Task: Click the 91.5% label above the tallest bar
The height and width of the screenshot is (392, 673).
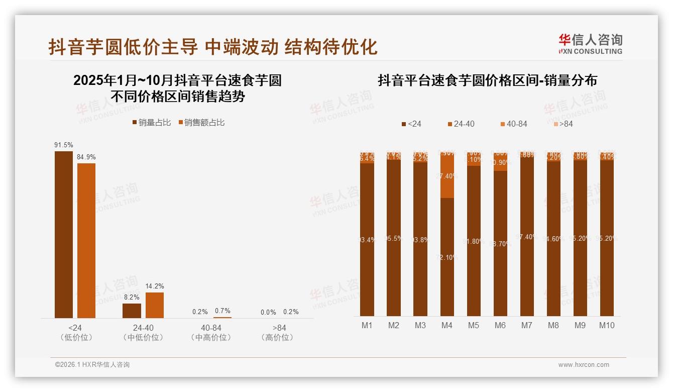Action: (x=64, y=145)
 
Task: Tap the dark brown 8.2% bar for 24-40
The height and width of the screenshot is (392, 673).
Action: (x=132, y=311)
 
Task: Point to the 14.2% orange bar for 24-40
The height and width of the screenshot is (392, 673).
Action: (x=155, y=305)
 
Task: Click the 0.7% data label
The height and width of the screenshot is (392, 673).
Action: (x=222, y=311)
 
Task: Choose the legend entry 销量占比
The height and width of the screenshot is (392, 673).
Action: (x=151, y=123)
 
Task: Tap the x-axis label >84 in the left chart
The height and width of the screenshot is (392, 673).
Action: (x=277, y=328)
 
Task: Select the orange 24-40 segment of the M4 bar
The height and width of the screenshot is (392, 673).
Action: (x=447, y=176)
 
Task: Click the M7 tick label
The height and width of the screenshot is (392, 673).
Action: (x=526, y=326)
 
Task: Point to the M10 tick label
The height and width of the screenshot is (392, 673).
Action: (x=607, y=326)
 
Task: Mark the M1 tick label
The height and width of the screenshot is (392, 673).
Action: (x=367, y=326)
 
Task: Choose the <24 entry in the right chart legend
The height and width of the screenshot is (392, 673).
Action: (x=411, y=124)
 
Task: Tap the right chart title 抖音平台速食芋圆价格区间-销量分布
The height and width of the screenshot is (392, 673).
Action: (x=487, y=81)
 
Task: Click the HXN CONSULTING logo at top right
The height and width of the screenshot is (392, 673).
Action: (x=590, y=44)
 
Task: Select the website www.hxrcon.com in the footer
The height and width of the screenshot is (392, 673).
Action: (x=584, y=365)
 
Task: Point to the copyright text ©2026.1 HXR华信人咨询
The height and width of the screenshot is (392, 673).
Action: (x=92, y=365)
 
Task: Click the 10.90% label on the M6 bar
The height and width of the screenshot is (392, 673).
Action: (x=500, y=163)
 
